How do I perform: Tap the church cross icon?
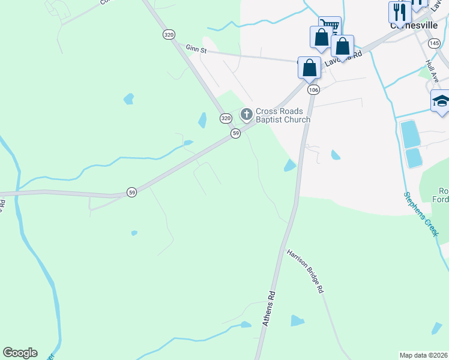coord(246,114)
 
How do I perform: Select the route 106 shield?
coord(313,89)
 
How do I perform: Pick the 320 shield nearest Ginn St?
coord(169,35)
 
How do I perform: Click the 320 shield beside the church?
coord(225,118)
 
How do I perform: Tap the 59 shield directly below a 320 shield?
coord(236,133)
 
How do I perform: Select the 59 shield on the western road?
coord(132,192)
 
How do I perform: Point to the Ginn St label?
coord(196,50)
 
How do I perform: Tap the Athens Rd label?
coord(268,308)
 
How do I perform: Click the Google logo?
coord(20,353)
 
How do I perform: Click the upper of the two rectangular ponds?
coord(410,134)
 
